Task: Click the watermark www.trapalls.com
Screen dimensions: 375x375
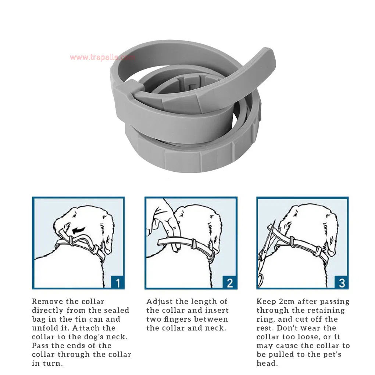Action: coord(102,57)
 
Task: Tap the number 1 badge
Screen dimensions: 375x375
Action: coord(118,282)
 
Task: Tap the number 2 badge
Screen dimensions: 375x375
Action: coord(229,282)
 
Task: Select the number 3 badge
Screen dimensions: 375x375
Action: coord(342,282)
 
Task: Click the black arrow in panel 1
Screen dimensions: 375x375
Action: coord(78,230)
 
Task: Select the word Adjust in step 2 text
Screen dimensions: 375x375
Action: coord(158,302)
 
